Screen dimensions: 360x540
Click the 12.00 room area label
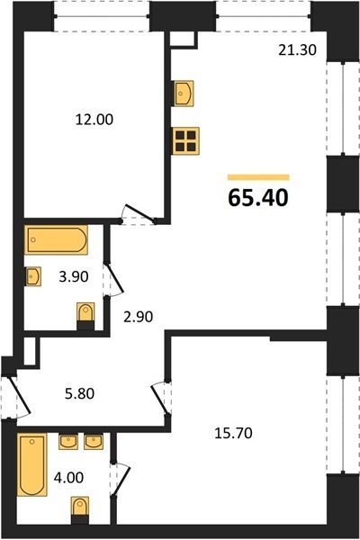pyautogui.click(x=94, y=120)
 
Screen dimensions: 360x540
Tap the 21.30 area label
pyautogui.click(x=297, y=49)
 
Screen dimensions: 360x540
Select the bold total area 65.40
pyautogui.click(x=258, y=198)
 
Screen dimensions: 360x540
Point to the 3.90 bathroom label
pyautogui.click(x=74, y=276)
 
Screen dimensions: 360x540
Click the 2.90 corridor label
pyautogui.click(x=138, y=317)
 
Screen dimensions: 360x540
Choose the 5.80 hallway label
pyautogui.click(x=79, y=393)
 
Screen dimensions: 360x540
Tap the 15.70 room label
pyautogui.click(x=233, y=433)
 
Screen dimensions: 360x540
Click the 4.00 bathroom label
pyautogui.click(x=68, y=478)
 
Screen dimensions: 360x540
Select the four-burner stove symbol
pyautogui.click(x=185, y=141)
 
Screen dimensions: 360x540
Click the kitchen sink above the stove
pyautogui.click(x=184, y=94)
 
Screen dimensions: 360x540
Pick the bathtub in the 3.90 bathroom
pyautogui.click(x=56, y=240)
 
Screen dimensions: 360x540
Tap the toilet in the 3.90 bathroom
pyautogui.click(x=85, y=316)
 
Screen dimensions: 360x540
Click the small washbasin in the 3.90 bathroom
pyautogui.click(x=33, y=276)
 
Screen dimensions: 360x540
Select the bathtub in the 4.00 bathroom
pyautogui.click(x=32, y=464)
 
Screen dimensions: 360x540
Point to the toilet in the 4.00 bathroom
pyautogui.click(x=80, y=510)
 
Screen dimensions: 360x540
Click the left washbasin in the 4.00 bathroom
pyautogui.click(x=68, y=441)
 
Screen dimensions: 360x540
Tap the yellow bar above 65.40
pyautogui.click(x=258, y=177)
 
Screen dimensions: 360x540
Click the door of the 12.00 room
pyautogui.click(x=139, y=213)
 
